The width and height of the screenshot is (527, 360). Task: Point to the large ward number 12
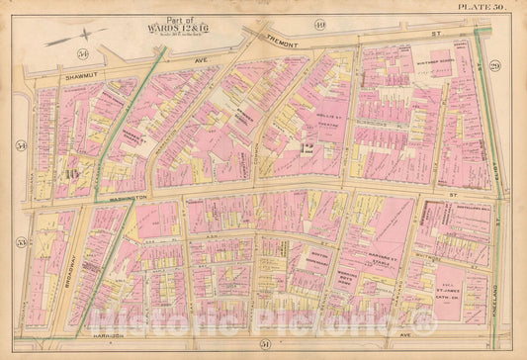(306, 150)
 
